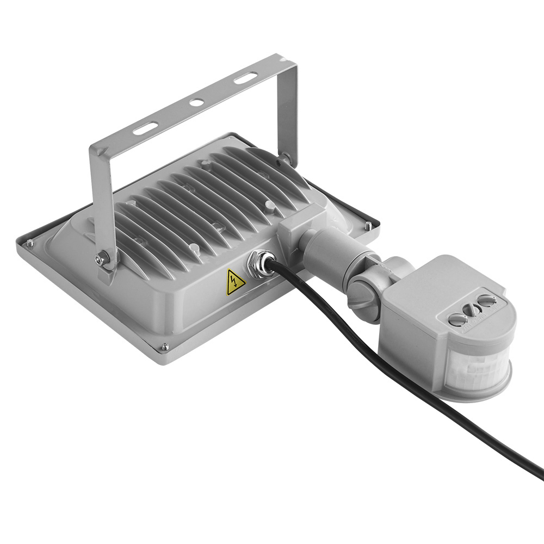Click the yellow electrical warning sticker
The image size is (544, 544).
click(234, 281)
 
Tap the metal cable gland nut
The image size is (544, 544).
click(258, 261)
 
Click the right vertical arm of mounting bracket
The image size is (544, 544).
click(288, 109)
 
